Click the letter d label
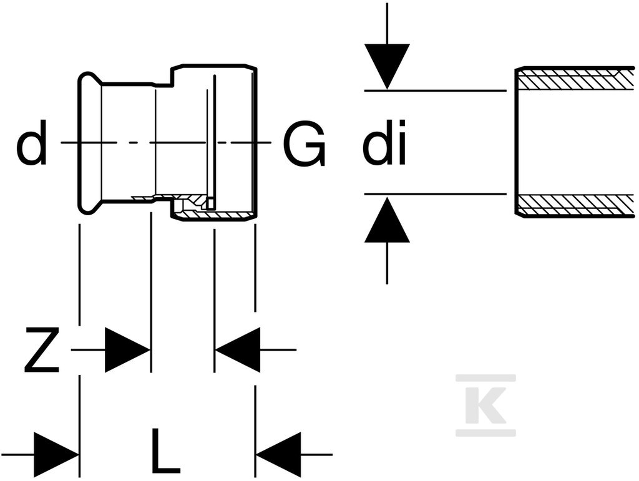(x=31, y=143)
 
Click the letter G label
(x=305, y=144)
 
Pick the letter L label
(x=165, y=450)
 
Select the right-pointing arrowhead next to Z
(x=127, y=350)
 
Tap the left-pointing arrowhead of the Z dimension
(x=238, y=350)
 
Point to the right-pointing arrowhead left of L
(x=56, y=454)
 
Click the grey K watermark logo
(x=485, y=406)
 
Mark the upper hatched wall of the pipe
(x=575, y=78)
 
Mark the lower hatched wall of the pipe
(x=575, y=205)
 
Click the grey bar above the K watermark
(x=485, y=377)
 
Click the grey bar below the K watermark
(x=485, y=432)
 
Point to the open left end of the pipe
(x=517, y=142)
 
